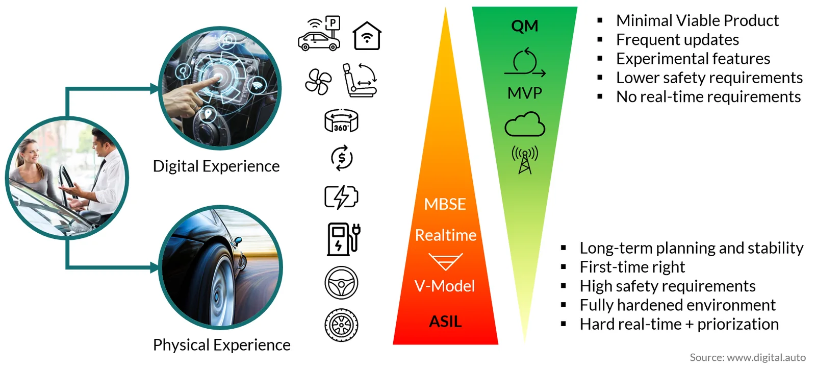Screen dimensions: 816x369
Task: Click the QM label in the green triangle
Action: (525, 26)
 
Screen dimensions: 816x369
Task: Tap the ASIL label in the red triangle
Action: (445, 322)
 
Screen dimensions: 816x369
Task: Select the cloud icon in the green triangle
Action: (525, 125)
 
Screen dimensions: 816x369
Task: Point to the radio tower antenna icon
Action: (525, 160)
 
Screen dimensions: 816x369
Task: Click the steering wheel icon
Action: (341, 283)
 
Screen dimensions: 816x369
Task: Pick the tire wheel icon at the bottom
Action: (341, 325)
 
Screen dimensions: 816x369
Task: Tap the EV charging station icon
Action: (344, 239)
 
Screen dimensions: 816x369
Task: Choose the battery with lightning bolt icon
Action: (341, 198)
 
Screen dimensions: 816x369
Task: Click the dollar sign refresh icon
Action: (342, 158)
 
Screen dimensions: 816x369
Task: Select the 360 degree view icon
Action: (341, 120)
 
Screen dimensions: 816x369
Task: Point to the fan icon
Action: (318, 82)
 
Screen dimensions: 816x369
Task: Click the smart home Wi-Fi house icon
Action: (367, 36)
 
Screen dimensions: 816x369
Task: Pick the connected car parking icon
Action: (319, 34)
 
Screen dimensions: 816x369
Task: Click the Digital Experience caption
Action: (216, 166)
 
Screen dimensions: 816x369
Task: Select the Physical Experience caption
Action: (221, 345)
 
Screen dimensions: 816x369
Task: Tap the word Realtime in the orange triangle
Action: (446, 235)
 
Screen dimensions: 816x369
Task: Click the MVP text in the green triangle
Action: (525, 93)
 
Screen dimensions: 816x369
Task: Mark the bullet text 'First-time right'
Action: (632, 267)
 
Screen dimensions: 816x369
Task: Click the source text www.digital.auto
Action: (766, 357)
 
